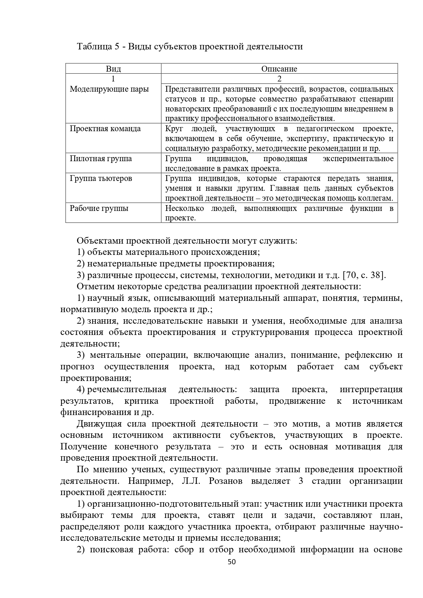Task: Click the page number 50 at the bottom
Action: pos(231,562)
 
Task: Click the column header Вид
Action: pos(113,69)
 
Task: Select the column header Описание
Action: pos(279,69)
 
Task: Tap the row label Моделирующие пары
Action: pos(109,89)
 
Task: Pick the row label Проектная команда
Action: pos(105,129)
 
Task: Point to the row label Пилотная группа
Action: pos(101,159)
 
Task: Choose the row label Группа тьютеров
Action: pos(101,179)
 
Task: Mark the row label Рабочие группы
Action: pos(99,209)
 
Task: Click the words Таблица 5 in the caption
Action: pos(98,47)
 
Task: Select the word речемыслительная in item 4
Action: pos(127,389)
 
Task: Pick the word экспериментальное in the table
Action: pos(358,159)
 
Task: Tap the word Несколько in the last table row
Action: pos(184,209)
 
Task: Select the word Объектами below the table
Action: pos(100,241)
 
